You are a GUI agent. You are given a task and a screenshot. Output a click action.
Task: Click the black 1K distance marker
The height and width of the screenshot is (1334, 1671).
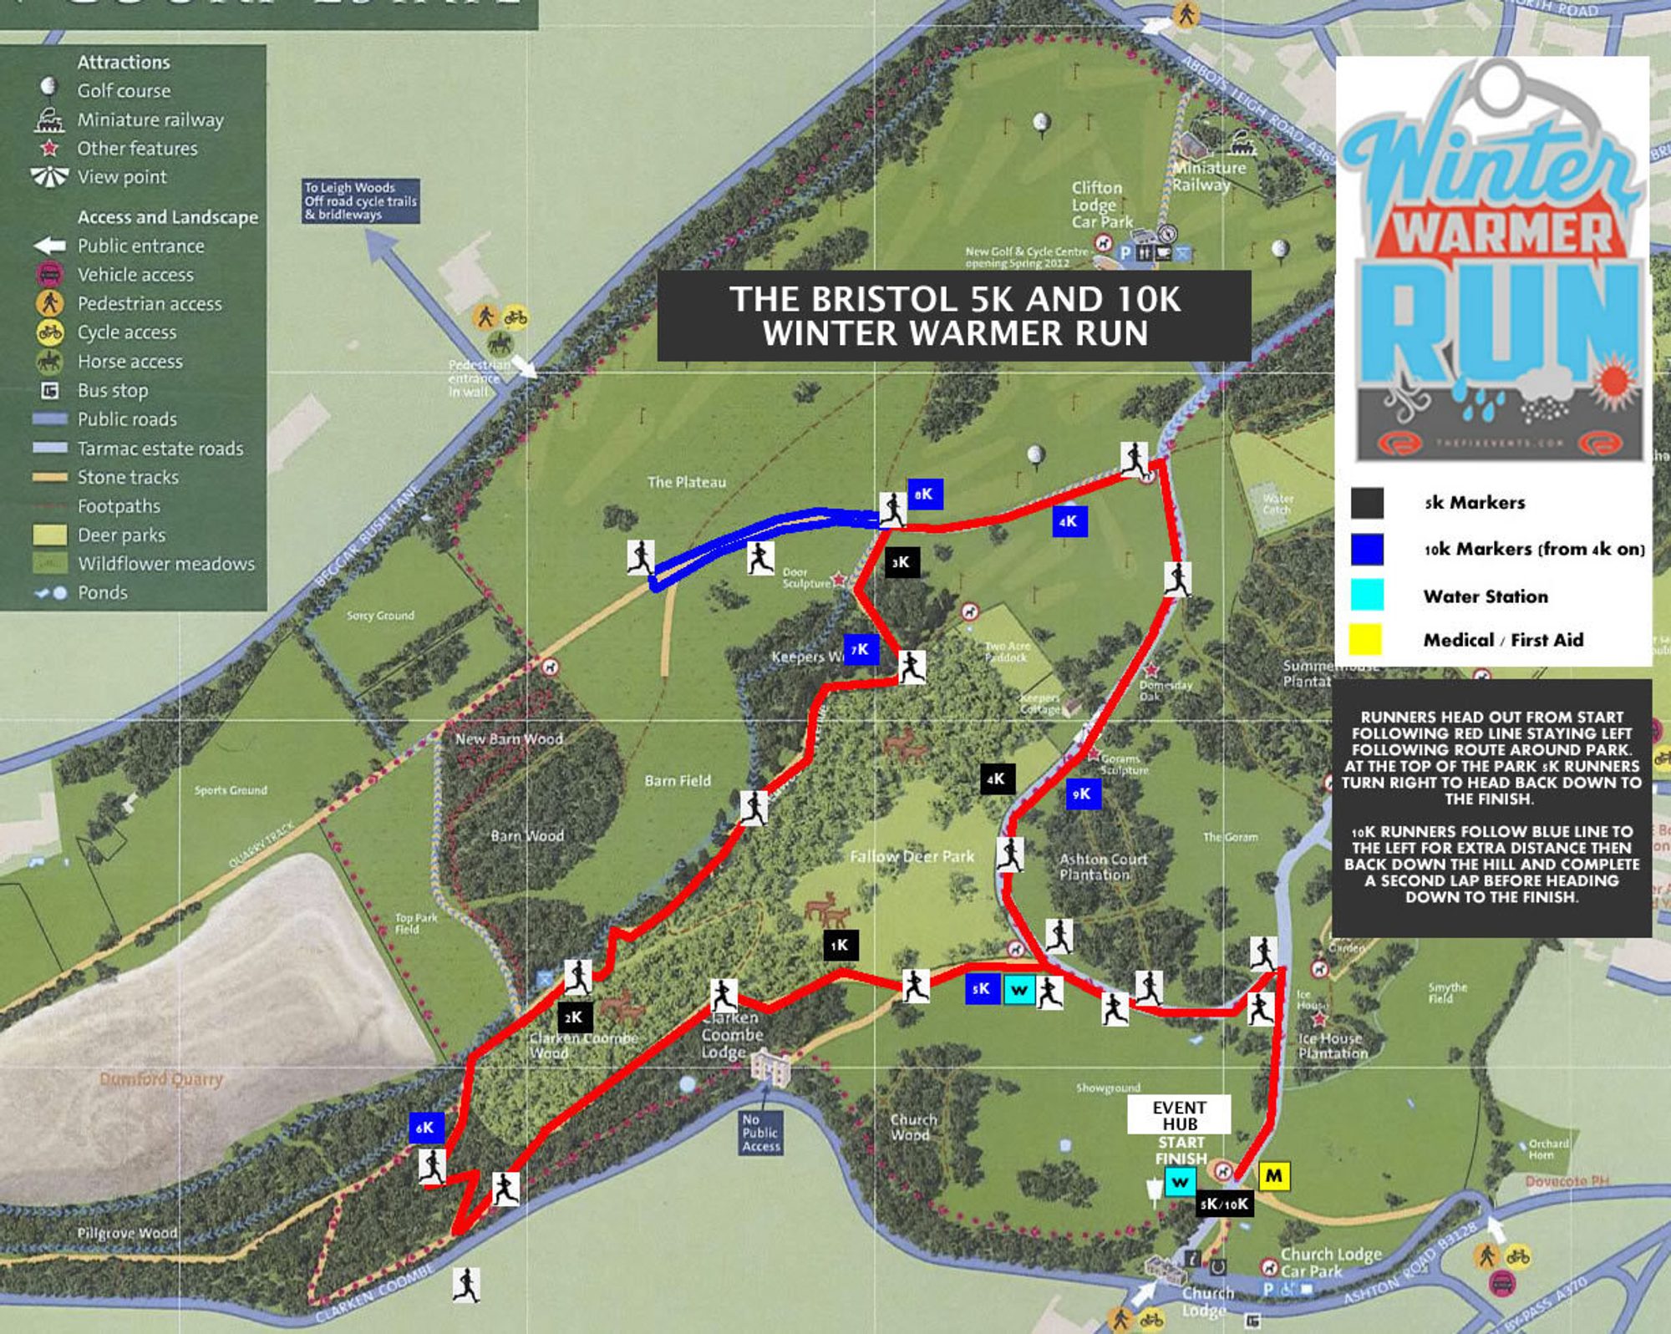coord(840,946)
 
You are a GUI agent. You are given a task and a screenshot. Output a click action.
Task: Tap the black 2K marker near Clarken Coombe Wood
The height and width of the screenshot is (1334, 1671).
coord(575,1017)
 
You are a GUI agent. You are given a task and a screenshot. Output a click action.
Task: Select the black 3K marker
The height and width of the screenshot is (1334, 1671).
coord(902,562)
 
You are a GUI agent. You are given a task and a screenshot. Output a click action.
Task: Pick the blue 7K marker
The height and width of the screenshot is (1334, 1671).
coord(861,649)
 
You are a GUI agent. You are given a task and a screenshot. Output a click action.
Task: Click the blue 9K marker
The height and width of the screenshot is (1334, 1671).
coord(1083,794)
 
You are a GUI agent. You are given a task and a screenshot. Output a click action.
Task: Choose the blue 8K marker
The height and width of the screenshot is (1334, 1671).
coord(925,494)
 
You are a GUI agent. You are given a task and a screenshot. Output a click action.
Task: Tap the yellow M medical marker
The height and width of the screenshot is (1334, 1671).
coord(1274,1176)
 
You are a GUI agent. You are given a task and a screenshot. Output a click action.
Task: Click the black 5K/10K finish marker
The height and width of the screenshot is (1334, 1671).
coord(1224,1204)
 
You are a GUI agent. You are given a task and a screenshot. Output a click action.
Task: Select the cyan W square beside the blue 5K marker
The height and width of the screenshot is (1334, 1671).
coord(1018,991)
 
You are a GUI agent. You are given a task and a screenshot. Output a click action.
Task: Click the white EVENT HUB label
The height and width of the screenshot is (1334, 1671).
coord(1179,1115)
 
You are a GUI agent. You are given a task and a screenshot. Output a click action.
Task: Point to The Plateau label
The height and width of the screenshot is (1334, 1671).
coord(687,482)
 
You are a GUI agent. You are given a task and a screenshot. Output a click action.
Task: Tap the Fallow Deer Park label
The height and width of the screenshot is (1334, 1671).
coord(912,856)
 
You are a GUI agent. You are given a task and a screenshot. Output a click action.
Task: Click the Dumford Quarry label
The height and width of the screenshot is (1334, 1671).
coord(161,1079)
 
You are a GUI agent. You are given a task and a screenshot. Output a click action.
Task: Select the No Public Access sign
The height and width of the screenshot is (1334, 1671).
coord(760,1133)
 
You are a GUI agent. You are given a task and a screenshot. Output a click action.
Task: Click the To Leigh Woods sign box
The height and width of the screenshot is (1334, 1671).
coord(361,201)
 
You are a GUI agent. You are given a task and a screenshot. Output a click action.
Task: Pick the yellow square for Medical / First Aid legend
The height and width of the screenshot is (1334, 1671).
coord(1366,640)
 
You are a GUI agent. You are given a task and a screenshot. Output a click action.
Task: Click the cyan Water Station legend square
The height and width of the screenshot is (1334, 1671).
coord(1366,595)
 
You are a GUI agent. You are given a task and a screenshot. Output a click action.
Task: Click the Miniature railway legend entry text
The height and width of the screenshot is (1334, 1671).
coord(150,119)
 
